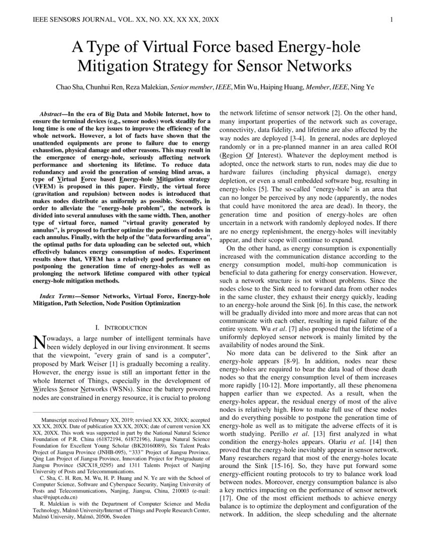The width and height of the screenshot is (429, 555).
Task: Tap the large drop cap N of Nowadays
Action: click(x=38, y=343)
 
